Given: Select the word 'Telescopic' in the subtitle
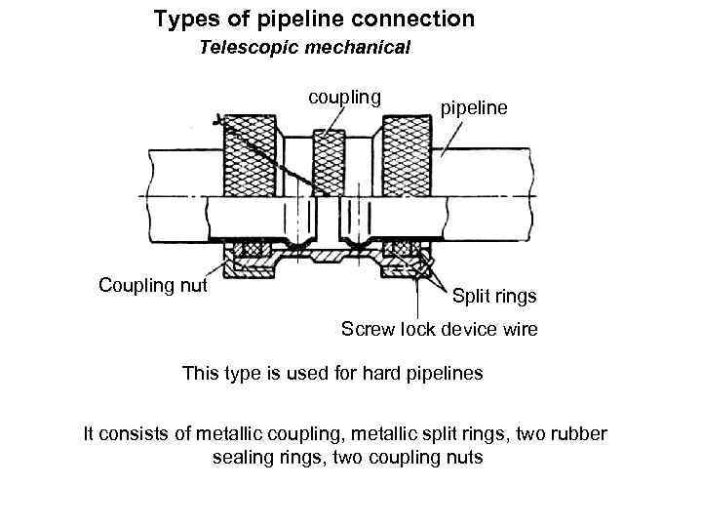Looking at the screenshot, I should click(x=245, y=48).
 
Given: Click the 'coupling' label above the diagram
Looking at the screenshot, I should click(x=344, y=97).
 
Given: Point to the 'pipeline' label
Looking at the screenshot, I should click(x=475, y=107).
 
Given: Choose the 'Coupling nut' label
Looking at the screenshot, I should click(x=153, y=285).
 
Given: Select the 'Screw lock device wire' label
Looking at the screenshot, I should click(x=439, y=330).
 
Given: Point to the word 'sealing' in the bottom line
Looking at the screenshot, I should click(x=244, y=457).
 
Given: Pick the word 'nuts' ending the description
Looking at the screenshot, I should click(x=463, y=457).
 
